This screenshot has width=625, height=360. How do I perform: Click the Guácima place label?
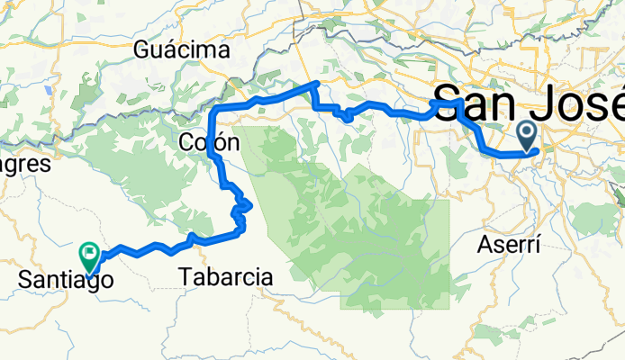tap(181, 50)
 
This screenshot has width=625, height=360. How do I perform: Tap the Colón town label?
tap(208, 142)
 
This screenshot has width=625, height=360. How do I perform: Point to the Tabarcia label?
tap(227, 277)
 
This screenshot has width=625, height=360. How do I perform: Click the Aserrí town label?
tap(510, 244)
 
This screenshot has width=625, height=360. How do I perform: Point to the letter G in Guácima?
tap(141, 50)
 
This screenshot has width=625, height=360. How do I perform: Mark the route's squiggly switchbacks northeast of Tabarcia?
tap(241, 211)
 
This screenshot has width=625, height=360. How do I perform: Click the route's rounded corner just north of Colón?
tap(214, 111)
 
